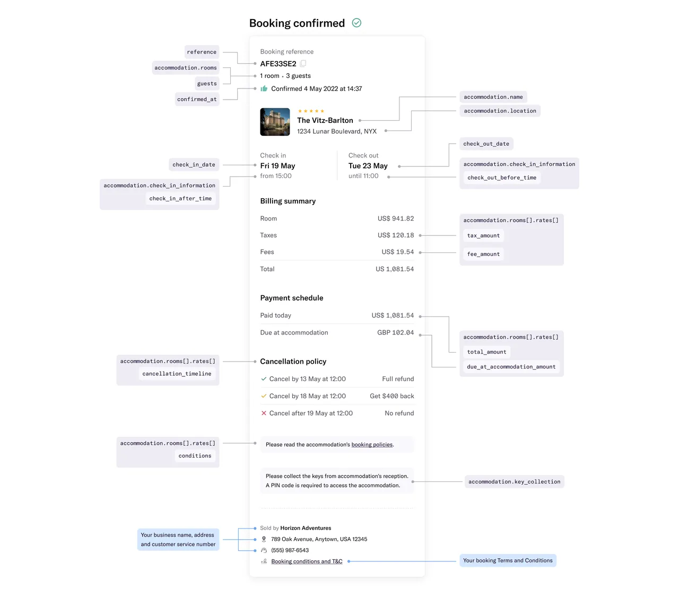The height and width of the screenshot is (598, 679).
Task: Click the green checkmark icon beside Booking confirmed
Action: (356, 23)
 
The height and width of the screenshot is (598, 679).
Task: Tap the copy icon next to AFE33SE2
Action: (303, 63)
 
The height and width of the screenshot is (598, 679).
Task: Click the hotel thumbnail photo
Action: (275, 121)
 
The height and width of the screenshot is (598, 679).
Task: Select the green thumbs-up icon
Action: (264, 89)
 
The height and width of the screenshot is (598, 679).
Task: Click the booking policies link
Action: (372, 445)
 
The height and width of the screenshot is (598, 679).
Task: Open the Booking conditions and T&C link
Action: (307, 561)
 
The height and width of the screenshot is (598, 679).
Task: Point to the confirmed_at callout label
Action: (197, 99)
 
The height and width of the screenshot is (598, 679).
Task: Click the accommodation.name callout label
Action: (493, 97)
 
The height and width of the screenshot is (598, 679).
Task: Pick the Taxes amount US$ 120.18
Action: (396, 235)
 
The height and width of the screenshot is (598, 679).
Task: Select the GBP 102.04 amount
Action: (396, 332)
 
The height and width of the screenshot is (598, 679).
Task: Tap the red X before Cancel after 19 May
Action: (264, 413)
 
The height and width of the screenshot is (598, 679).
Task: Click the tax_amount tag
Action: (483, 235)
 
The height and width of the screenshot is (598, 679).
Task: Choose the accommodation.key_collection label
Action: (514, 481)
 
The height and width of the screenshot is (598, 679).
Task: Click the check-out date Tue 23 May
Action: (368, 166)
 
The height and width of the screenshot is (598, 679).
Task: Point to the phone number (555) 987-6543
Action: (290, 550)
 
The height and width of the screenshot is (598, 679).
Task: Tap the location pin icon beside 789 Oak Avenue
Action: (264, 539)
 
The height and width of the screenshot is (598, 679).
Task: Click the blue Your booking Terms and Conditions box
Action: (508, 560)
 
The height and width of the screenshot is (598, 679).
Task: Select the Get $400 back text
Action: (392, 396)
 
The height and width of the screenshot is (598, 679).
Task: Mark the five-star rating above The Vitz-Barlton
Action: (311, 111)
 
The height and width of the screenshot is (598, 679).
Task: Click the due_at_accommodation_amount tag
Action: (511, 366)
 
